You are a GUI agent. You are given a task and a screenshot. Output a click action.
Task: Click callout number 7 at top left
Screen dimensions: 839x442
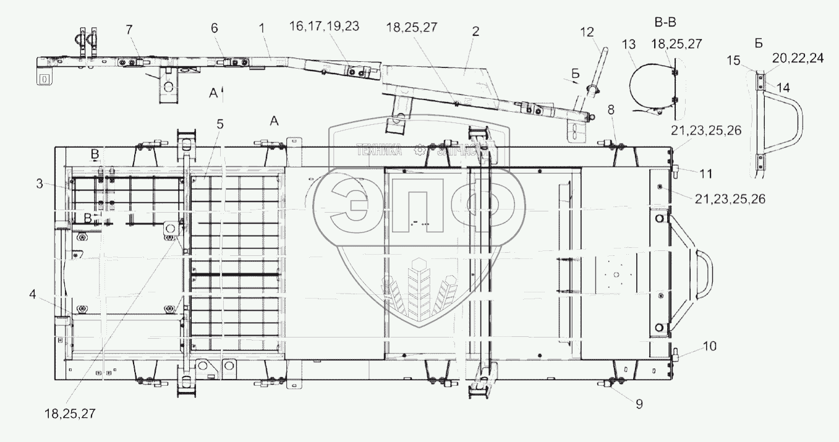129,30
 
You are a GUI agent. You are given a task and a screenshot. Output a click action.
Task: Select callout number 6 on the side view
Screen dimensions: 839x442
215,28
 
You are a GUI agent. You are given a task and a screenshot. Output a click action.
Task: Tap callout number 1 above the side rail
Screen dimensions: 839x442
262,28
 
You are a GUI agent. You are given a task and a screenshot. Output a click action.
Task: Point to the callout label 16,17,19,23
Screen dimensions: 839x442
325,26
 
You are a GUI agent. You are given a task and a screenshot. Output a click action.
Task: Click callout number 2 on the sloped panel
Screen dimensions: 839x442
475,32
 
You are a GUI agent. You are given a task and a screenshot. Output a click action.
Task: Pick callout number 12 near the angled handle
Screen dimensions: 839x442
587,32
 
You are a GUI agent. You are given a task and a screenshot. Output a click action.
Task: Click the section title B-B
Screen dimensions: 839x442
665,22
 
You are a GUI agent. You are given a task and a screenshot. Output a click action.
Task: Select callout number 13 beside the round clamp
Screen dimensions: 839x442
629,45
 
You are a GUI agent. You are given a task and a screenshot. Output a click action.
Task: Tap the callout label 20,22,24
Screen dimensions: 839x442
798,58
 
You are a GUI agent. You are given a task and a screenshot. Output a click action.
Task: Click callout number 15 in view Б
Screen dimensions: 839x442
734,60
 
